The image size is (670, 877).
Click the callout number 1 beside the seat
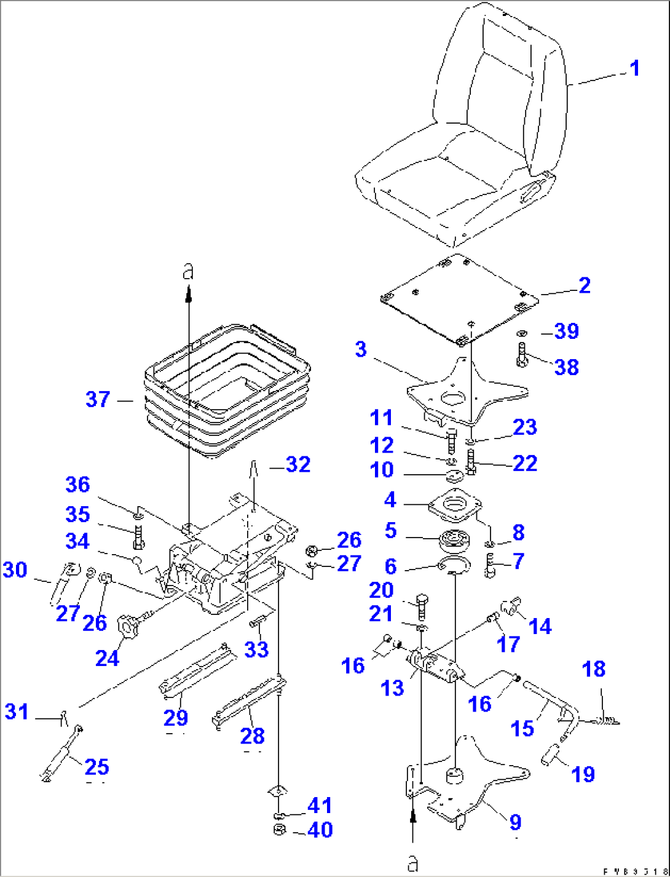[x=635, y=68]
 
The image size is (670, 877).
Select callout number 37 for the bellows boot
[x=98, y=399]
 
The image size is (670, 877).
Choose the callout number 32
[x=298, y=464]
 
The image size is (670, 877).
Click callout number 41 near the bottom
[x=320, y=805]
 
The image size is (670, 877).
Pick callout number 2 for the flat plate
[x=584, y=285]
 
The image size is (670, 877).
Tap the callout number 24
[x=107, y=658]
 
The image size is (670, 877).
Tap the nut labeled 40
[x=278, y=830]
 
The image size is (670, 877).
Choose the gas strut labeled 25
[x=61, y=752]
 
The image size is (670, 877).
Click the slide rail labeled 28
[x=246, y=701]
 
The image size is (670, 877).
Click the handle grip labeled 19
[x=551, y=755]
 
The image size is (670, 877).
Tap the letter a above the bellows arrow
[x=189, y=271]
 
